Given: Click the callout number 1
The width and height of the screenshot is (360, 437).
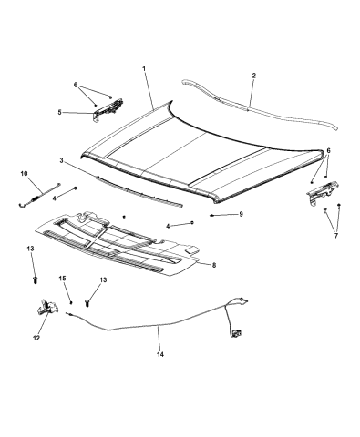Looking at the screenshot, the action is pos(144,68).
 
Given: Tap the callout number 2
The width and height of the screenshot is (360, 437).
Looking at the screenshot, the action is pos(254,76).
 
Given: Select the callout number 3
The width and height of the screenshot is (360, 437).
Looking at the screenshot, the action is pos(62,160).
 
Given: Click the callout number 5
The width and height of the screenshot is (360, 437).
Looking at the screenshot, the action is pos(59,112).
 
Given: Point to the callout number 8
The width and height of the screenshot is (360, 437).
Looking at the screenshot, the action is pos(214,265).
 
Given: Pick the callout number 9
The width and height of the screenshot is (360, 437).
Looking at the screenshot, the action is pos(241,214).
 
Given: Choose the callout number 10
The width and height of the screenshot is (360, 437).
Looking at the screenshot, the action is pos(24,173).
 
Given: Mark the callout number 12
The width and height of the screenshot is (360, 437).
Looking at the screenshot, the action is pos(36,338).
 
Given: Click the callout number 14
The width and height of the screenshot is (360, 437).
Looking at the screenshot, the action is pos(160,354).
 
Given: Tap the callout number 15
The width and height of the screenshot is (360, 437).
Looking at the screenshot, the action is pos(62,279).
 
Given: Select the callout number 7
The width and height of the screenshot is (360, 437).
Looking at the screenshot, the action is pos(336,236).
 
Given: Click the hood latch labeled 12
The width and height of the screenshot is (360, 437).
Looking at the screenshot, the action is pos(46,307).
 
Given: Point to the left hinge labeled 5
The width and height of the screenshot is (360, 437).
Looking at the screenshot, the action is pos(108,110).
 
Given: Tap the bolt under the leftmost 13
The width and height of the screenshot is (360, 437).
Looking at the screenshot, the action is pos(36,279).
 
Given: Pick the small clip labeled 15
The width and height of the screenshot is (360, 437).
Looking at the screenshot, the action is pos(71,302).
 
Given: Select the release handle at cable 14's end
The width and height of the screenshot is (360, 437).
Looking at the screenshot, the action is pos(236,333).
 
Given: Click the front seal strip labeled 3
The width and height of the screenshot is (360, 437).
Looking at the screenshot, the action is pos(139,191).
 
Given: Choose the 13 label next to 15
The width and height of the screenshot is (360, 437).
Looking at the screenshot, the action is pos(103,279).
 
